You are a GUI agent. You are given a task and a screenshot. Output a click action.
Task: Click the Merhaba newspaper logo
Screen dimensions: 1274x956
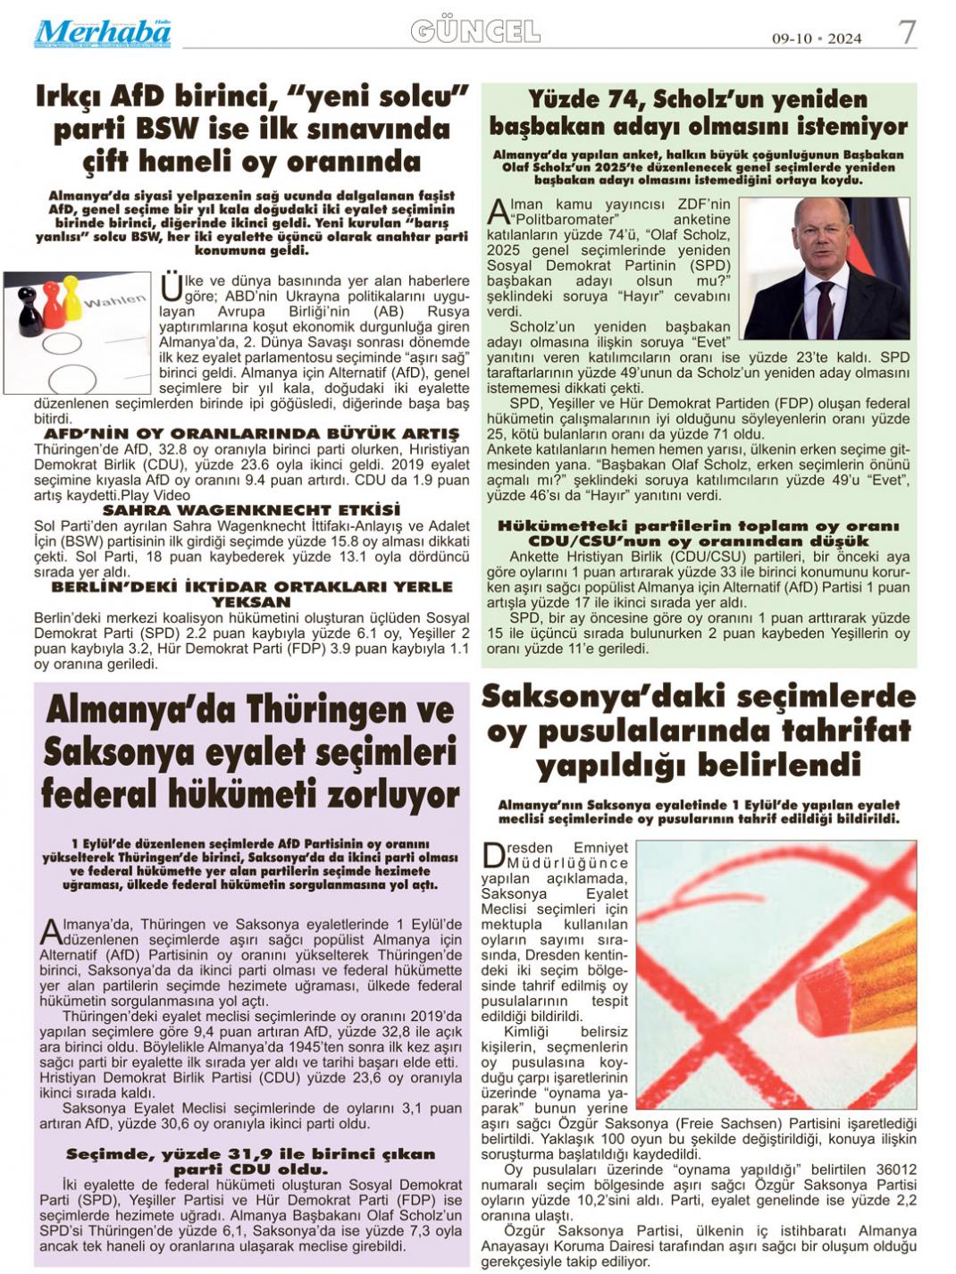tap(103, 33)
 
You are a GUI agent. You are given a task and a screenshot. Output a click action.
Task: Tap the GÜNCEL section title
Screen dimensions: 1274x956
tap(474, 32)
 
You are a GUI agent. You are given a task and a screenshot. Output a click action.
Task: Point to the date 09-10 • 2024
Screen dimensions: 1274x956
tap(817, 38)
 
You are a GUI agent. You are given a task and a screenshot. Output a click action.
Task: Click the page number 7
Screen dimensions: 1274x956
tap(907, 33)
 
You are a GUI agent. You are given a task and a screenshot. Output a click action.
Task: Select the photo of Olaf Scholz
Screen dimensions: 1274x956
tap(825, 268)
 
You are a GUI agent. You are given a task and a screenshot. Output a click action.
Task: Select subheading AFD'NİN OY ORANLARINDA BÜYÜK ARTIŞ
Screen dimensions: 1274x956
tap(252, 433)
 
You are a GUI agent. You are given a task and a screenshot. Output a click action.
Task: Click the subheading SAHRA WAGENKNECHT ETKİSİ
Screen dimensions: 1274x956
tap(252, 510)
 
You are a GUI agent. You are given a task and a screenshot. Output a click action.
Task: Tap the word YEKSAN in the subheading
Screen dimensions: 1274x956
tap(252, 602)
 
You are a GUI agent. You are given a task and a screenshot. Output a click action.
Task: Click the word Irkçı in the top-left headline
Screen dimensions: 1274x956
tap(69, 96)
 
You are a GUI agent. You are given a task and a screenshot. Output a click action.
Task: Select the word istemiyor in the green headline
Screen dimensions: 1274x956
tap(847, 126)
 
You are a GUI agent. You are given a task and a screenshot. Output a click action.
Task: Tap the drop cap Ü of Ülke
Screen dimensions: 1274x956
tap(171, 288)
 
